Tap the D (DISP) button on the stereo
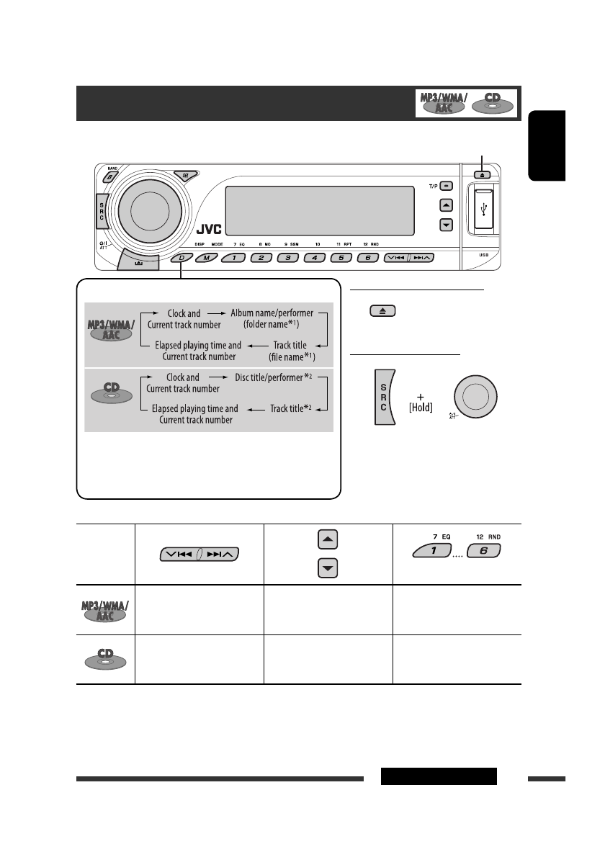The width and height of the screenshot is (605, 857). (181, 257)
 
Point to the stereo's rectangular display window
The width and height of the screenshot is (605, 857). (319, 210)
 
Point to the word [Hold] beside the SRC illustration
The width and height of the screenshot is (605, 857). (416, 409)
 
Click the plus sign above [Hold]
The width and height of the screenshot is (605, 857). (416, 395)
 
